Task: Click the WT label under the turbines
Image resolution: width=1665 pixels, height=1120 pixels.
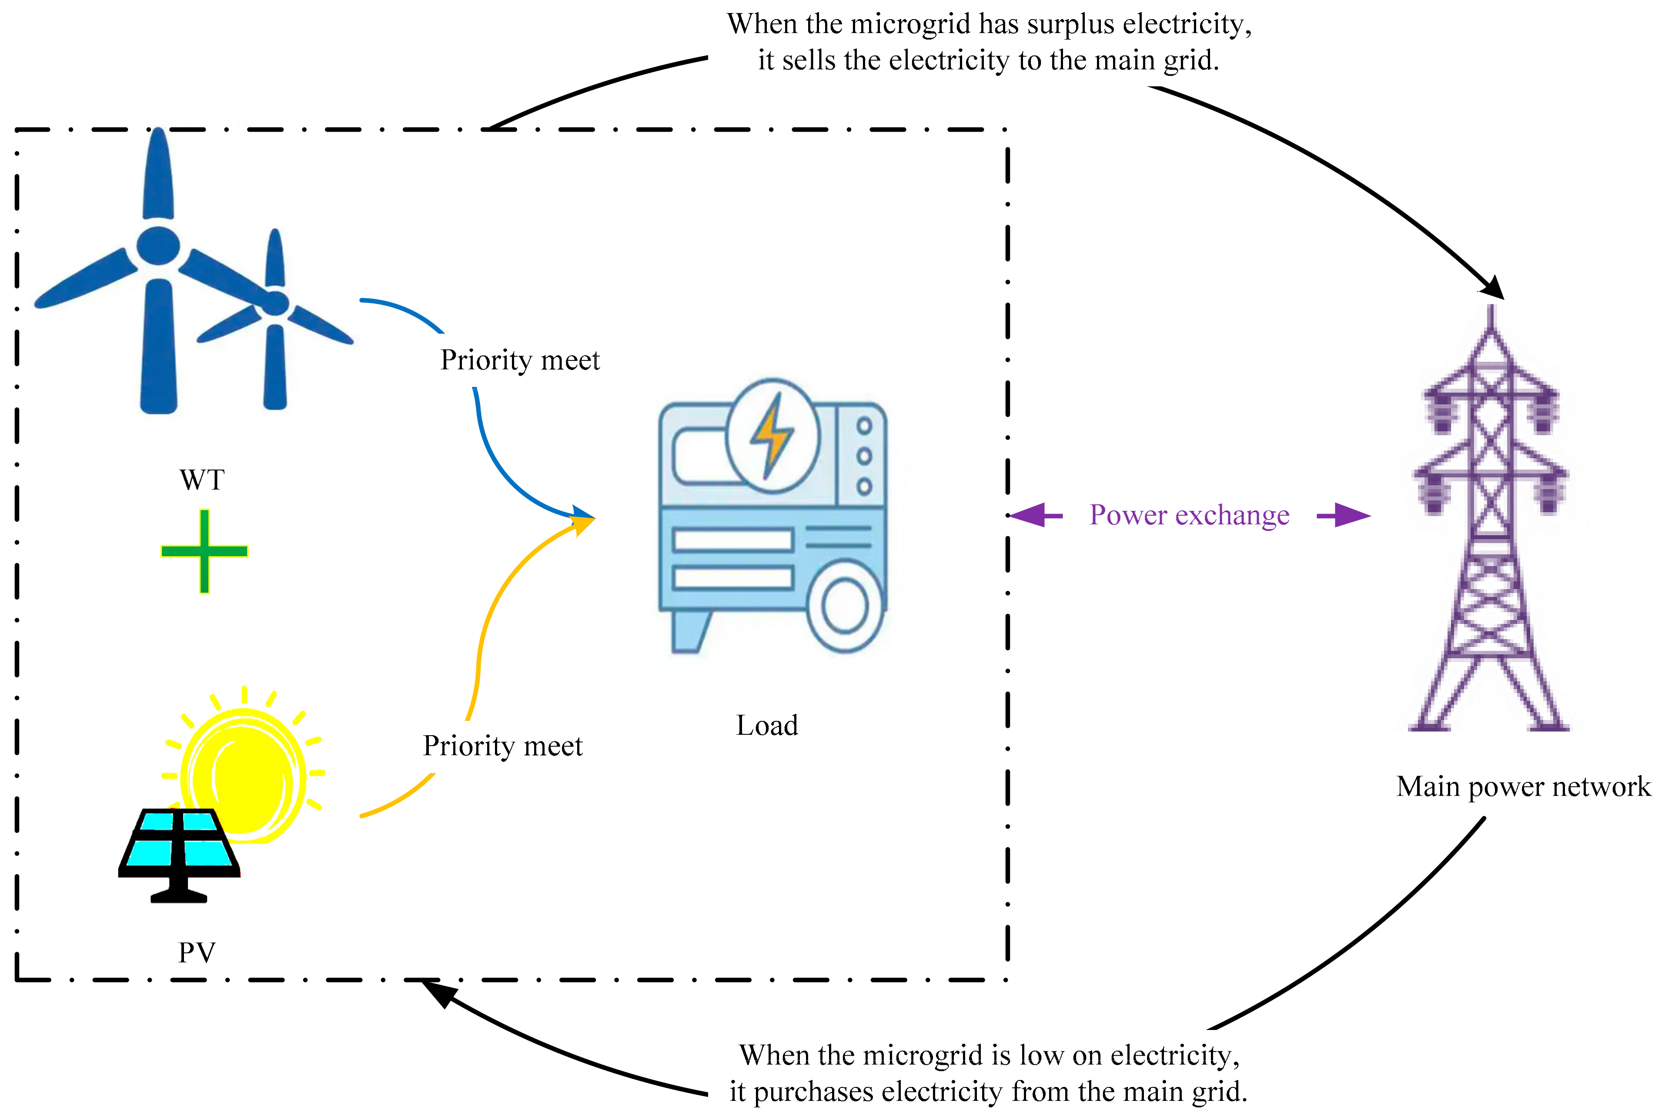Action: tap(202, 480)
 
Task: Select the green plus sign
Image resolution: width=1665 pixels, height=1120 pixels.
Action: tap(204, 551)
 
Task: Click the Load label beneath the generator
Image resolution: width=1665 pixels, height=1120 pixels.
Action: tap(767, 726)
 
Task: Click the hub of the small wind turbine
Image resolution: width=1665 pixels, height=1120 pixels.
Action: tap(275, 303)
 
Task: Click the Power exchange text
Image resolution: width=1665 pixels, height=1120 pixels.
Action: tap(1189, 515)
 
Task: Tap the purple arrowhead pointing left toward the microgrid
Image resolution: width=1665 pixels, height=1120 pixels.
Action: tap(1029, 514)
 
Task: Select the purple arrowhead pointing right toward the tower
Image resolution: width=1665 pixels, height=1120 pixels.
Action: tap(1351, 514)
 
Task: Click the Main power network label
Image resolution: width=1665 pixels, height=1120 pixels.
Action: tap(1524, 787)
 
